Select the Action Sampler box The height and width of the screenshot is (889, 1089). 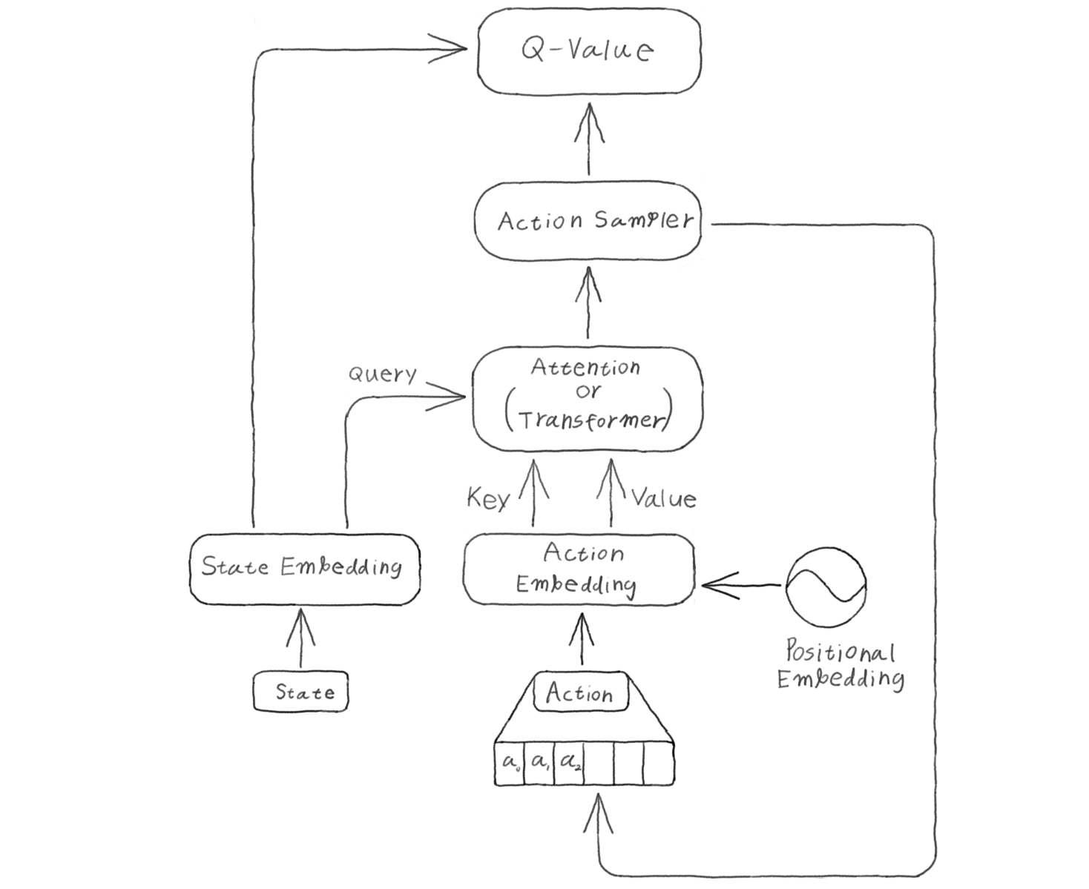click(x=588, y=221)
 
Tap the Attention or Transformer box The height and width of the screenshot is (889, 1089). click(x=588, y=399)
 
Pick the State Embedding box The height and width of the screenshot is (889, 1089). click(x=303, y=567)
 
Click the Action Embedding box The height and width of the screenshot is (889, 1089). click(x=579, y=569)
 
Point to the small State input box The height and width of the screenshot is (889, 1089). click(x=303, y=693)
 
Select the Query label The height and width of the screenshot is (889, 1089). click(x=383, y=374)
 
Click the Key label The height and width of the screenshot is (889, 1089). click(x=487, y=498)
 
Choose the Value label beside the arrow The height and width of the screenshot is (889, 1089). click(x=664, y=498)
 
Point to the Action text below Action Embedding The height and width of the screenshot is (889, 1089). click(x=579, y=694)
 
